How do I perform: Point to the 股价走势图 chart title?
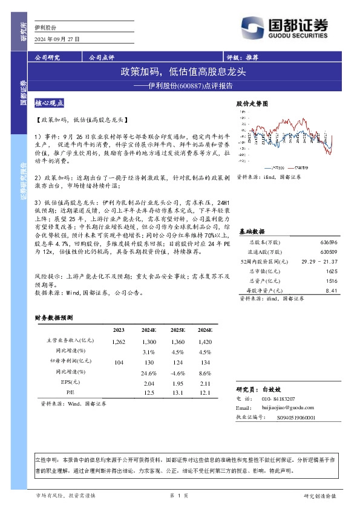coord(251,104)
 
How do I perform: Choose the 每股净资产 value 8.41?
coord(331,290)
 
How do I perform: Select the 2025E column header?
coord(177,330)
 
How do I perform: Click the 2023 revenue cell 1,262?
coord(118,342)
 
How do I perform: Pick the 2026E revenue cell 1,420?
coord(205,342)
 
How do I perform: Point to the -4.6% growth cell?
coord(177,372)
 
